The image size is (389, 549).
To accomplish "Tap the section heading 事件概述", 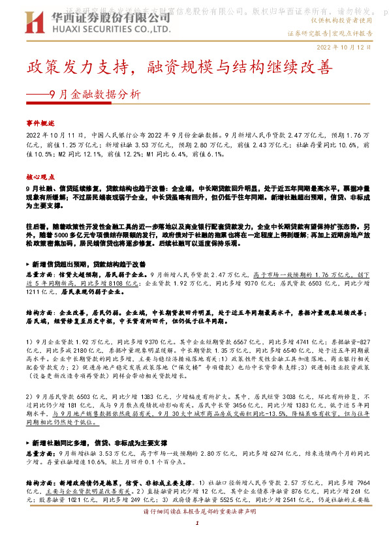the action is pos(41,122).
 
